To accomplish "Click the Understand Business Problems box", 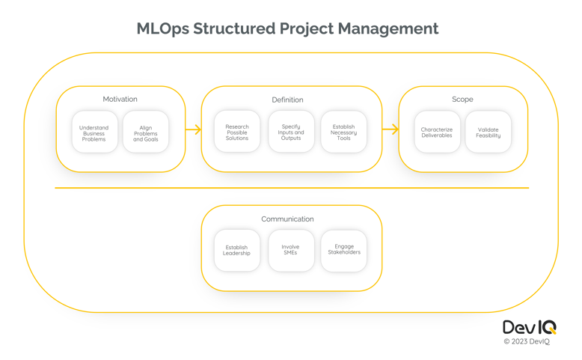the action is pyautogui.click(x=95, y=132).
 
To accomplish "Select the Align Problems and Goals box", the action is pyautogui.click(x=146, y=132).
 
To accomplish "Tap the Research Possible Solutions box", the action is pyautogui.click(x=237, y=132).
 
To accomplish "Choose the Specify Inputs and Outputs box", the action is pyautogui.click(x=291, y=132).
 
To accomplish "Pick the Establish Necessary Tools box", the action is pyautogui.click(x=343, y=132).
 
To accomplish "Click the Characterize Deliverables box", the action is pyautogui.click(x=437, y=132).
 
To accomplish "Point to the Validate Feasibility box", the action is pyautogui.click(x=488, y=132).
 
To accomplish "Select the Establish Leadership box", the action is pyautogui.click(x=237, y=251).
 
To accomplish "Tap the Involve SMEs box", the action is pyautogui.click(x=291, y=251).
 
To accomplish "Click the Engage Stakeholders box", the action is pyautogui.click(x=343, y=251).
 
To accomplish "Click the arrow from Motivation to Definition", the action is pyautogui.click(x=194, y=129).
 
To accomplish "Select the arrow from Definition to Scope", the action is pyautogui.click(x=390, y=129).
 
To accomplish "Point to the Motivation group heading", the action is pyautogui.click(x=120, y=100).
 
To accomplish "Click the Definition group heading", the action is pyautogui.click(x=288, y=100).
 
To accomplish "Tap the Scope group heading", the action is pyautogui.click(x=462, y=100).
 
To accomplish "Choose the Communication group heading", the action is pyautogui.click(x=288, y=219).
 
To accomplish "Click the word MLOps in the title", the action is pyautogui.click(x=163, y=29).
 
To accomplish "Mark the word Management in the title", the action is pyautogui.click(x=388, y=29).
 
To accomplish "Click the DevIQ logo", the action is pyautogui.click(x=530, y=327).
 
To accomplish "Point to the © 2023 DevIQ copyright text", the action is pyautogui.click(x=527, y=341).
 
